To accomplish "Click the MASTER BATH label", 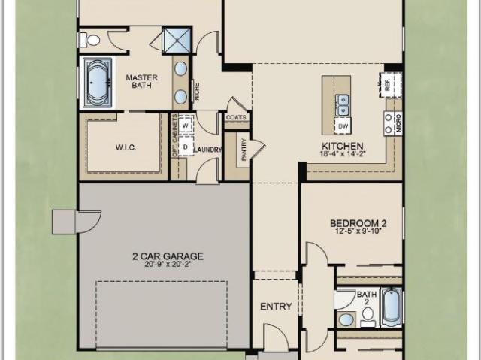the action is [142, 81].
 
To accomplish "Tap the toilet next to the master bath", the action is [90, 40].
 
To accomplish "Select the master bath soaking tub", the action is [98, 83].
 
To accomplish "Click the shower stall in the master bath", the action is [177, 40].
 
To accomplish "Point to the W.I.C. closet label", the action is [126, 147].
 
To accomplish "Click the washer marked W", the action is [186, 126].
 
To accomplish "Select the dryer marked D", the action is [186, 147].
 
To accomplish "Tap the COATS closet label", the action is [236, 117].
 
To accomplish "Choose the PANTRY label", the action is [244, 150].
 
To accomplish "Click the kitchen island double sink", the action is [343, 106].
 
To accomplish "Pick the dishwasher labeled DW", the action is [343, 126].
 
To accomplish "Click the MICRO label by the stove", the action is [399, 123].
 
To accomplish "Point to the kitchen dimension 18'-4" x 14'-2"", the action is [343, 153].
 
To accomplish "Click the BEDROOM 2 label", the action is [358, 223].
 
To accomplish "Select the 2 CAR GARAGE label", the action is [168, 256].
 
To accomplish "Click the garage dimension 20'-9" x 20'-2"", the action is [168, 265].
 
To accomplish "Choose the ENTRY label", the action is [276, 307].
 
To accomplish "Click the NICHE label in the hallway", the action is [197, 92].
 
